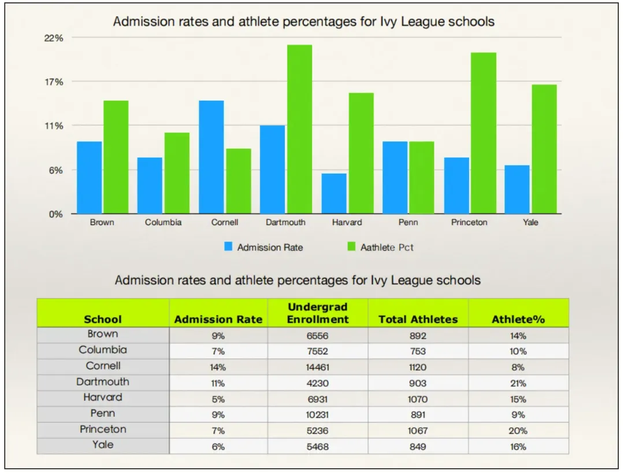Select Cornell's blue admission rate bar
(211, 157)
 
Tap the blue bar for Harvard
(333, 193)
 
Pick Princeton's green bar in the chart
(483, 133)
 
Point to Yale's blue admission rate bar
(517, 189)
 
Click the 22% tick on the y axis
(54, 38)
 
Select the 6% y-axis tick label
(55, 170)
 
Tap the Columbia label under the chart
(163, 222)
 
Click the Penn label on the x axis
(408, 222)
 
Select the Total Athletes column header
(418, 319)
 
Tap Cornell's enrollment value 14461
(318, 367)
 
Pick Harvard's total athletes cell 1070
(418, 399)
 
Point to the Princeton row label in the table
(103, 429)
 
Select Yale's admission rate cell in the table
(218, 446)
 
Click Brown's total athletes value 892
(418, 335)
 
